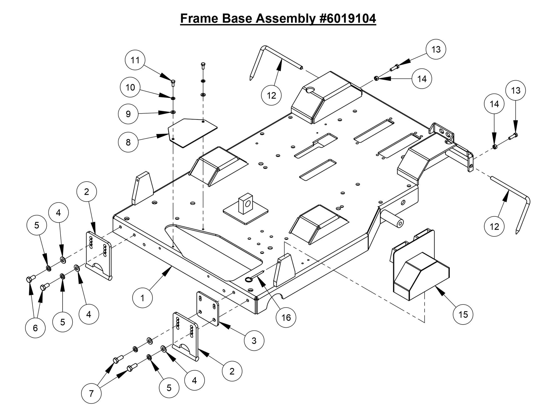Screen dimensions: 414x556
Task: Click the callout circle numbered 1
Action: (x=142, y=298)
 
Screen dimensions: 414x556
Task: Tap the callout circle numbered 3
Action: (x=254, y=341)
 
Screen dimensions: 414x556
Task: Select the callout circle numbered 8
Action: (x=128, y=142)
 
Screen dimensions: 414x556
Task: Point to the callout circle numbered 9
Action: (x=128, y=114)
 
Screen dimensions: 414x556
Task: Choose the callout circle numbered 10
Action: (x=130, y=87)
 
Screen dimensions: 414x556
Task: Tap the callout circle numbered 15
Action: (x=463, y=315)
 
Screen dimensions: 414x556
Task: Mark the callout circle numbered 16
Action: (x=286, y=317)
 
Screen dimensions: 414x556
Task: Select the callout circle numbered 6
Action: (x=35, y=328)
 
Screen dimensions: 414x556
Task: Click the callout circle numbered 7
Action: (x=91, y=394)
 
